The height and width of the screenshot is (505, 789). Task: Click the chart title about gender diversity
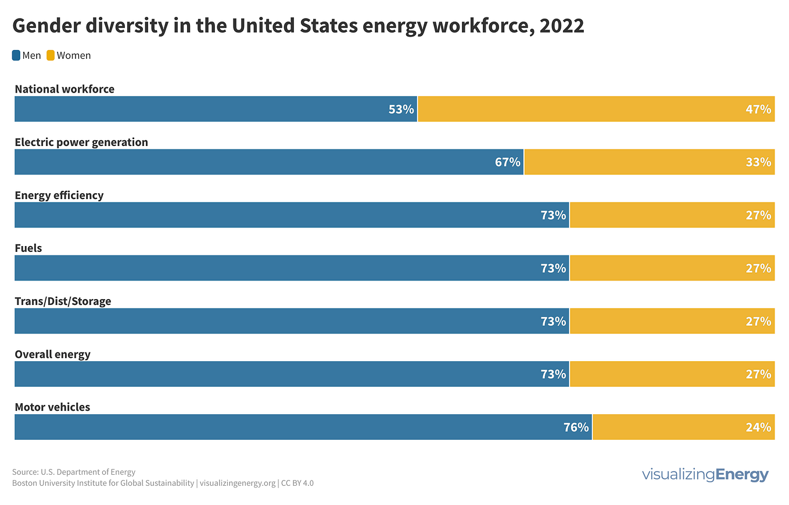click(297, 26)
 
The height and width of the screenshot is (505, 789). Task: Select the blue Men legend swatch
click(16, 56)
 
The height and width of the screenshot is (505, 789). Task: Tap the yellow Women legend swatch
click(51, 56)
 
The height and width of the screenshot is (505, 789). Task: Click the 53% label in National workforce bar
click(401, 109)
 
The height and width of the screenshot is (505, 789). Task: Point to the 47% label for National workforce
click(758, 109)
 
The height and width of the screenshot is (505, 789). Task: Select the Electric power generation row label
click(81, 142)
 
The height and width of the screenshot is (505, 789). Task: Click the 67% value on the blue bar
click(507, 162)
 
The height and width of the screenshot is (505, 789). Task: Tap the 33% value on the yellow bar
click(758, 162)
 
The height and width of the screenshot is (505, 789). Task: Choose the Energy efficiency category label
click(59, 195)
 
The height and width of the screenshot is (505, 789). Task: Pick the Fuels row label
click(28, 248)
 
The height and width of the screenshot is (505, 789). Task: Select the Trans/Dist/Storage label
click(63, 301)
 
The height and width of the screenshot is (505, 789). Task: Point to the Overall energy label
click(53, 354)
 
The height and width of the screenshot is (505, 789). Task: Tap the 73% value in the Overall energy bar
click(553, 374)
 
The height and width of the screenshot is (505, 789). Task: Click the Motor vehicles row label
click(52, 407)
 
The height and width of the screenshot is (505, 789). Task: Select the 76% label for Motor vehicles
click(576, 427)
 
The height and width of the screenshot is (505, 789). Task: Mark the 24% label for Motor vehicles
click(758, 427)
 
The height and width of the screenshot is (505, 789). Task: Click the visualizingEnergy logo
click(705, 475)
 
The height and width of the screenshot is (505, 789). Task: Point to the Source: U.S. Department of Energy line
click(74, 472)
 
